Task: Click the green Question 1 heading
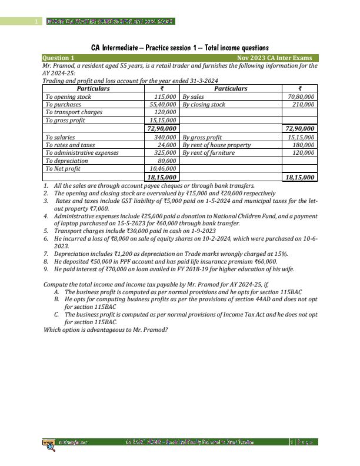tap(59, 58)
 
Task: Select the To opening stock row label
tap(68, 96)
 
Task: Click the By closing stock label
tap(204, 104)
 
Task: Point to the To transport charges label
tap(74, 112)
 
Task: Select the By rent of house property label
tap(216, 145)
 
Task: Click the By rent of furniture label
tap(208, 152)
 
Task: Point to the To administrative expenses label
tap(82, 152)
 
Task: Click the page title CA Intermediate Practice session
tap(180, 47)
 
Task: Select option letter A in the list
tap(56, 292)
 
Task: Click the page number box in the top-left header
tap(36, 22)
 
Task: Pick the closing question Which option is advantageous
tap(106, 329)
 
